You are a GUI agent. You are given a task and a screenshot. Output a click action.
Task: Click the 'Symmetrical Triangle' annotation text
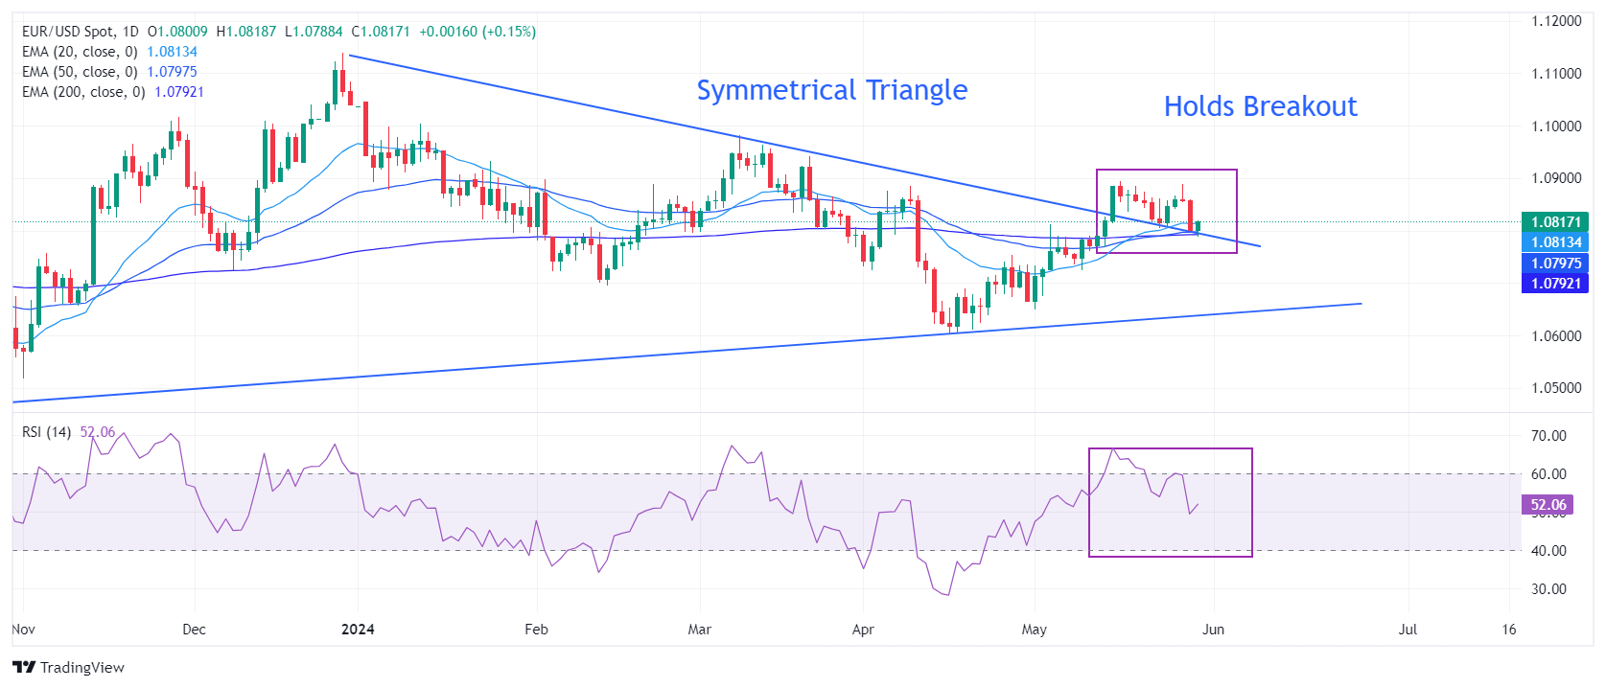tap(831, 90)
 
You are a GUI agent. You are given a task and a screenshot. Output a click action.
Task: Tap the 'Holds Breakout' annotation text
tap(1260, 106)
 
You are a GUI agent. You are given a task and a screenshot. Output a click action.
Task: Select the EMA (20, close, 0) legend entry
tap(80, 52)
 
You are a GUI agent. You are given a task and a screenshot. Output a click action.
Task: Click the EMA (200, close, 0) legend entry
tap(83, 92)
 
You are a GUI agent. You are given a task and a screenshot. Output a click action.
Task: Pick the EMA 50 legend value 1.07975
tap(172, 72)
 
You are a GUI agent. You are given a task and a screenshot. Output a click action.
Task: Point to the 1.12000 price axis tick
tap(1556, 21)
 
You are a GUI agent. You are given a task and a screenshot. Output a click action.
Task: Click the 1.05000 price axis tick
tap(1556, 388)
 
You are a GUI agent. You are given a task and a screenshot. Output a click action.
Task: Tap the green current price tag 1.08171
tap(1555, 222)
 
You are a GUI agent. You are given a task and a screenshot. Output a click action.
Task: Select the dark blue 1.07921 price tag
tap(1555, 284)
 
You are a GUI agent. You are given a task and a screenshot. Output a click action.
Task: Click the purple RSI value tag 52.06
tap(1548, 505)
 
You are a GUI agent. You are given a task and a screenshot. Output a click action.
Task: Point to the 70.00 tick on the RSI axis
tap(1548, 436)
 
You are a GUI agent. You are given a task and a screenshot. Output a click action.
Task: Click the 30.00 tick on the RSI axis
tap(1548, 589)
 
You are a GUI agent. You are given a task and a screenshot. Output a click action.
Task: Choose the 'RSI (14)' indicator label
tap(46, 432)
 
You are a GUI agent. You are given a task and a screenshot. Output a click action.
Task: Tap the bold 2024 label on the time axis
tap(358, 630)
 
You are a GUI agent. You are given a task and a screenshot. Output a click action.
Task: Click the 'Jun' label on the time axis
tap(1213, 630)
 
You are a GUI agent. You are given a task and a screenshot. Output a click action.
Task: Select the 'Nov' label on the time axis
tap(23, 630)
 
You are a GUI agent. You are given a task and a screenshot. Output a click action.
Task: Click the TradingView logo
tap(68, 668)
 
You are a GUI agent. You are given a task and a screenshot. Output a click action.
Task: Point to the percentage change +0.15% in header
tap(509, 32)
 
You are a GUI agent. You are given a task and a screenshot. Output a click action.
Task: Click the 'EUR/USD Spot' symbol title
tap(67, 32)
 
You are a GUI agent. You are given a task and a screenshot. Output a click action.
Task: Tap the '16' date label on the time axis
tap(1509, 630)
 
